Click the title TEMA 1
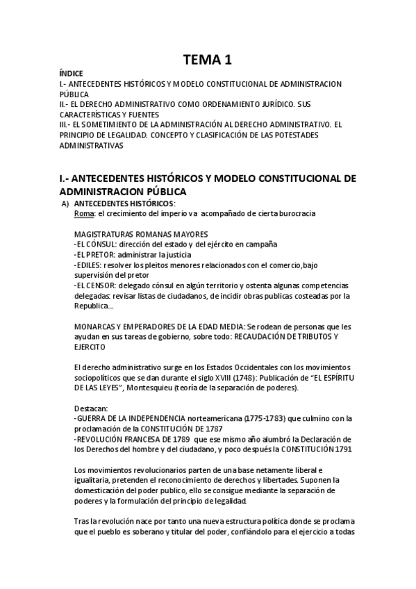[208, 60]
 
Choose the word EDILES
[89, 265]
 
